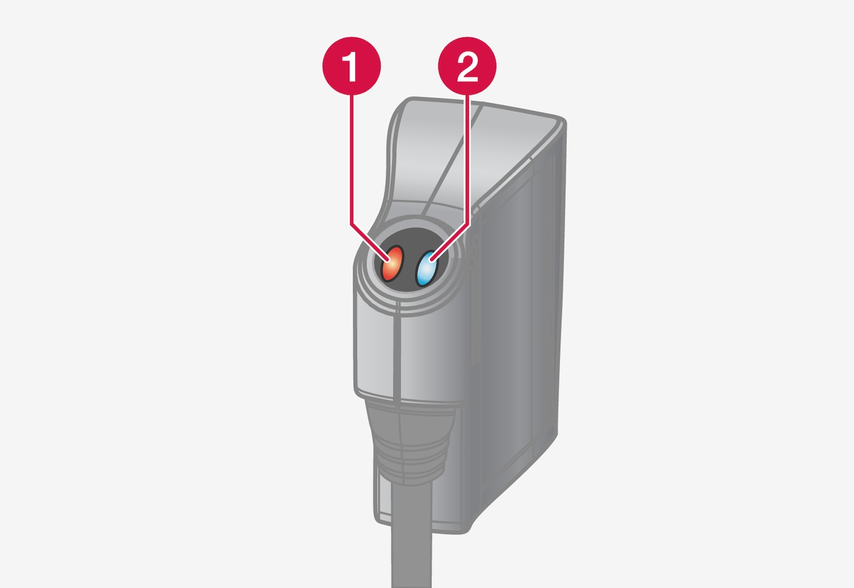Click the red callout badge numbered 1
coord(351,66)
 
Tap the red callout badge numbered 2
coord(467,66)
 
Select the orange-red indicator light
coord(393,264)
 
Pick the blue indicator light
coord(426,268)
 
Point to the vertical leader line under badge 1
coord(351,159)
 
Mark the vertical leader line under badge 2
coord(468,159)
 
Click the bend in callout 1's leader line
coord(351,224)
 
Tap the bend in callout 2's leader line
coord(468,224)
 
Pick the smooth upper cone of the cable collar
coord(410,419)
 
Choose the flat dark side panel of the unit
coord(515,324)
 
